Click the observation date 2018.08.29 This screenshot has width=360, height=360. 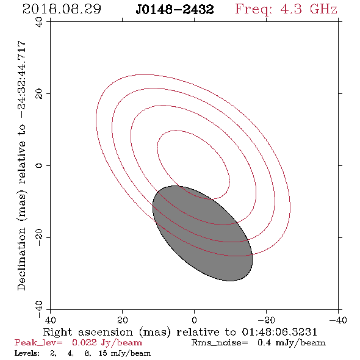click(x=62, y=9)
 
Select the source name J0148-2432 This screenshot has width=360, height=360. click(x=175, y=10)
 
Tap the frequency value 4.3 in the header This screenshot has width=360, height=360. click(x=291, y=9)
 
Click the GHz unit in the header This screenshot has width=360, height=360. click(x=323, y=9)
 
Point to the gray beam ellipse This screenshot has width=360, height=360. click(x=203, y=233)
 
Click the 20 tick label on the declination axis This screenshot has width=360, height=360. click(x=39, y=94)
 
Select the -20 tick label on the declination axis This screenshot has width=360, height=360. click(x=39, y=237)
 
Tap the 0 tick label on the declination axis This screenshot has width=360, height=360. click(x=39, y=165)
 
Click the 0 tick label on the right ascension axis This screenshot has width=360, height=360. click(x=194, y=320)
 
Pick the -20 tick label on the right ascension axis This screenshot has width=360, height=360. click(x=266, y=320)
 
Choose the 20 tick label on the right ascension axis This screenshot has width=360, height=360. click(x=123, y=320)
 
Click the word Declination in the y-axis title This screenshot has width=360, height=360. click(x=21, y=259)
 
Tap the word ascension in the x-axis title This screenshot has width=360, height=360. click(x=106, y=332)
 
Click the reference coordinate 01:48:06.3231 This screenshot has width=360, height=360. click(x=279, y=332)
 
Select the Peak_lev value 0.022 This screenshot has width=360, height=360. click(x=84, y=342)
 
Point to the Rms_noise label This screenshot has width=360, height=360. click(x=220, y=343)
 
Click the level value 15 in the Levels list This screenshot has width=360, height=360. click(x=103, y=353)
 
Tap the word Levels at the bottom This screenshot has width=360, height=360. click(x=27, y=353)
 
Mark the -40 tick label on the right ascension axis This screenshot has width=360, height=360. click(x=338, y=320)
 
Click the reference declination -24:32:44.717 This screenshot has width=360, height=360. click(x=21, y=80)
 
